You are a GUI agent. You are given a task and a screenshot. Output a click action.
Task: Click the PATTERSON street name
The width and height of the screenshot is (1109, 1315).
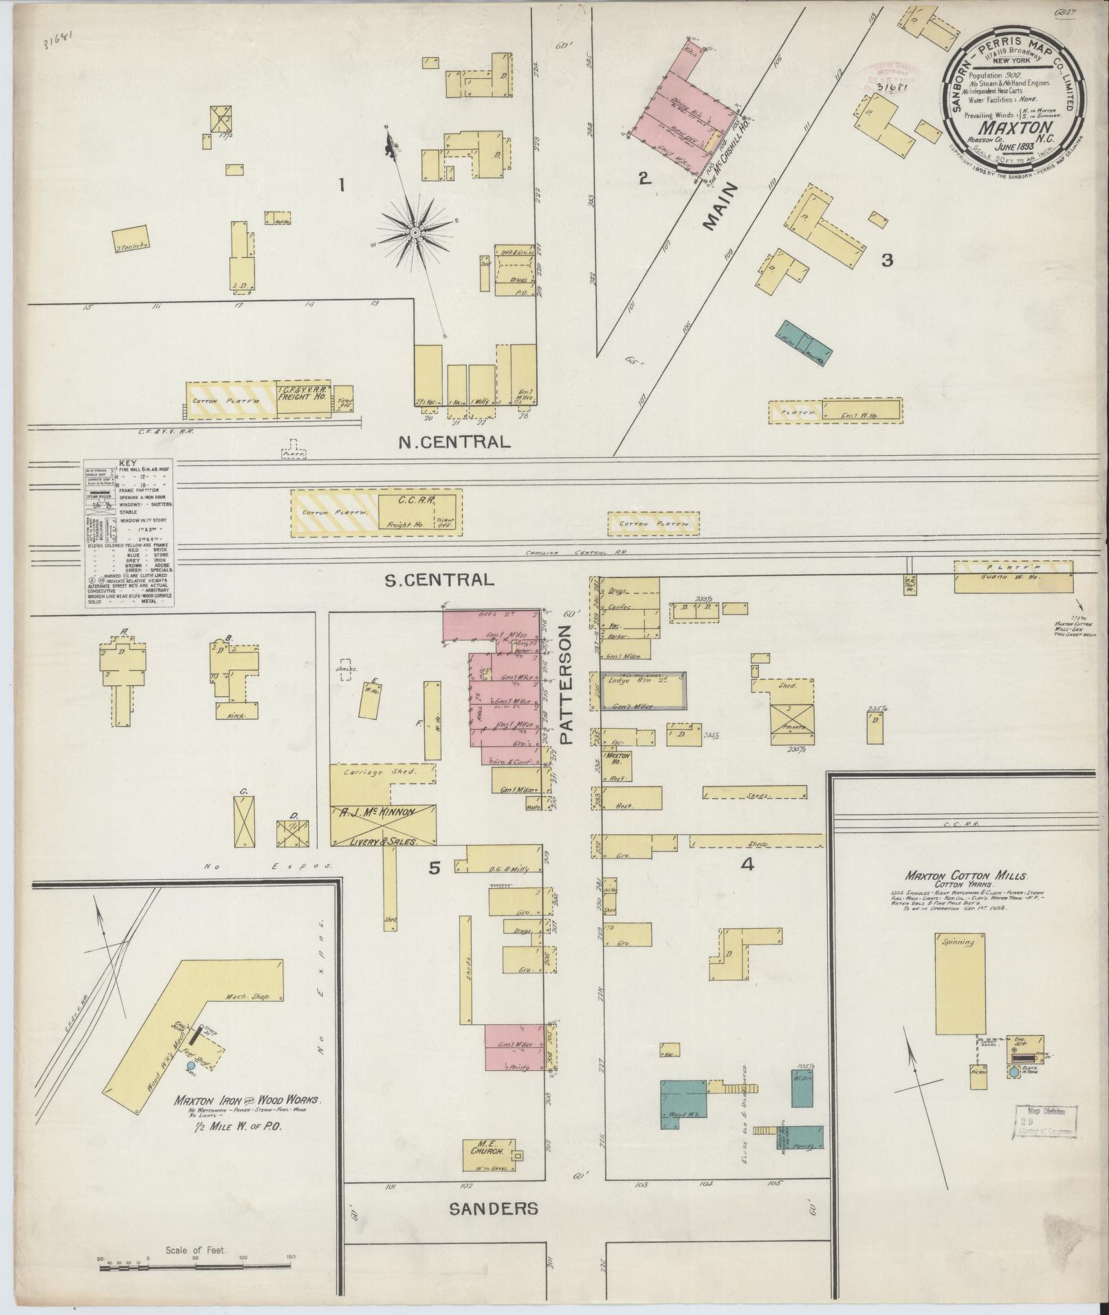[x=567, y=685]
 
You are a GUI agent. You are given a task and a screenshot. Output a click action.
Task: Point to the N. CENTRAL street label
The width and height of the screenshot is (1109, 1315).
[x=455, y=441]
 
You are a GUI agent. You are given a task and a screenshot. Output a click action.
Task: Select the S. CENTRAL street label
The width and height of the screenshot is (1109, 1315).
[x=439, y=579]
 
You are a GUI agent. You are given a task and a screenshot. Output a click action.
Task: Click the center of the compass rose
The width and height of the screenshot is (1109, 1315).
[x=415, y=234]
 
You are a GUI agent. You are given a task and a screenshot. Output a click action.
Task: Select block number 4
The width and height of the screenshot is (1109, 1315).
[x=747, y=865]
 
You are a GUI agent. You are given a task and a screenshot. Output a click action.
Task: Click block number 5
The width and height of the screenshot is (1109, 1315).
[x=434, y=868]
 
